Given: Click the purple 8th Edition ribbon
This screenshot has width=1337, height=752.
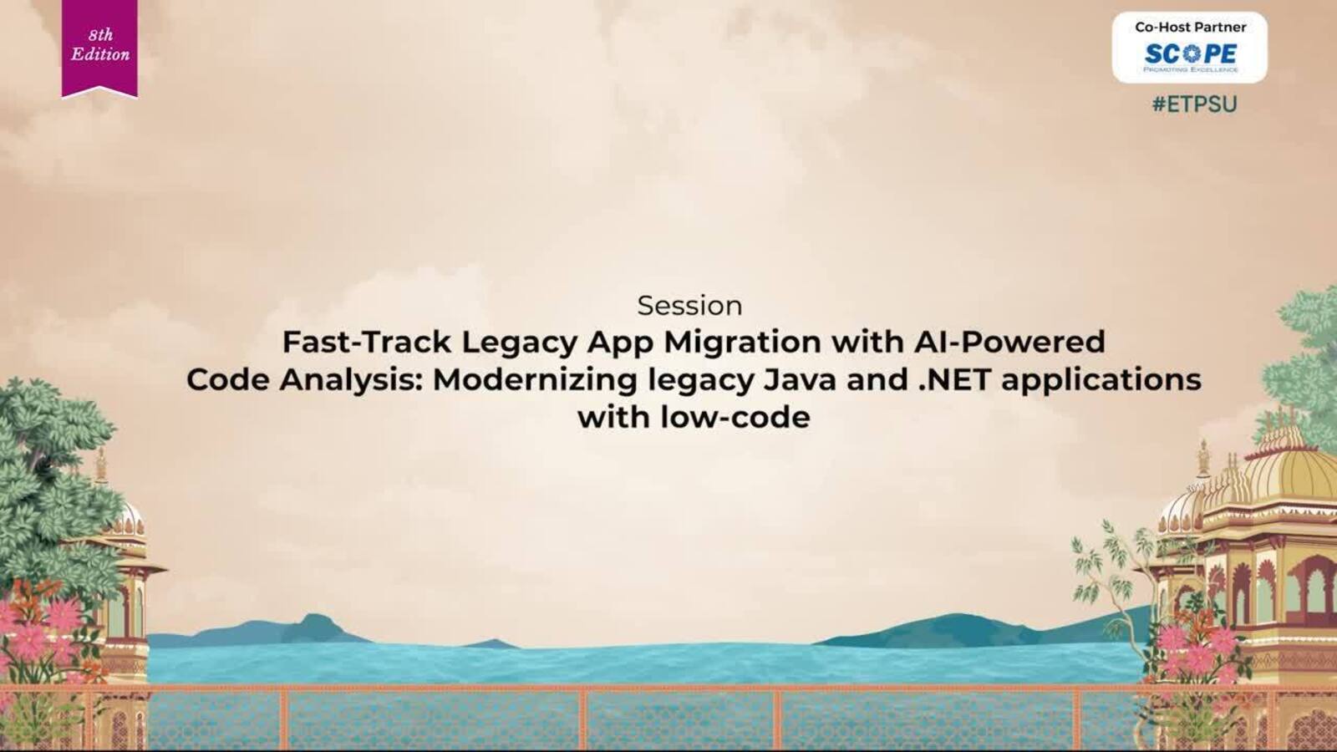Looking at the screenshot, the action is [x=99, y=48].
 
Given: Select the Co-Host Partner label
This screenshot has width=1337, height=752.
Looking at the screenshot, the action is [x=1190, y=27].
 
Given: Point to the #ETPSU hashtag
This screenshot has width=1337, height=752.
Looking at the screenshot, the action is [x=1194, y=104].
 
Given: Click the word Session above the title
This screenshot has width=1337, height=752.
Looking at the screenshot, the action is [x=689, y=306].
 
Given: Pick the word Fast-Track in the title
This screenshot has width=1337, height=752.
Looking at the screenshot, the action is [x=367, y=342].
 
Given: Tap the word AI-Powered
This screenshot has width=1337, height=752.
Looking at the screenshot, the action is [x=1009, y=342].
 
